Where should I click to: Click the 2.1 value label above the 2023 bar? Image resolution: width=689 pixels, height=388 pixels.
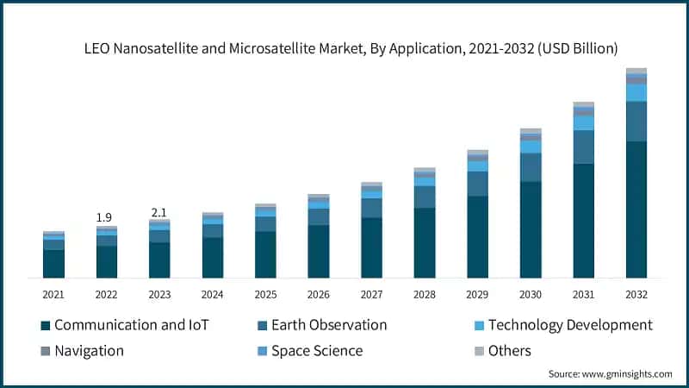point(159,211)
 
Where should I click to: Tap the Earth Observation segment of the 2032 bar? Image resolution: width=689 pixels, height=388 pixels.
point(636,122)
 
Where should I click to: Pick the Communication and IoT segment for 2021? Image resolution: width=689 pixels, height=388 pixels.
point(53,264)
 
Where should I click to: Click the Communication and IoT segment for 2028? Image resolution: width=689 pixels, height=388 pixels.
point(425,243)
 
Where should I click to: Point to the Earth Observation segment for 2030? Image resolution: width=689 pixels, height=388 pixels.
point(531,167)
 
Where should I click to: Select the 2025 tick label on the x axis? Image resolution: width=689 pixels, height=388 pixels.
point(265,295)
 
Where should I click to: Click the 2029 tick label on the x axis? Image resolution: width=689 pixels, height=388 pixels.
point(478,295)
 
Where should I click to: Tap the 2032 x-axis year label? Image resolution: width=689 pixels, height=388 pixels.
point(636,295)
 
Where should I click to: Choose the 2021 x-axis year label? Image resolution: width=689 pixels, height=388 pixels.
point(53,295)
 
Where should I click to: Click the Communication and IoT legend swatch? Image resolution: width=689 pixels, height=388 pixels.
point(45,326)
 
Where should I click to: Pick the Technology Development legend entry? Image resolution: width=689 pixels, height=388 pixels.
point(569,325)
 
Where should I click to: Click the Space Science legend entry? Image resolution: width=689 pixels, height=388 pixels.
point(316,351)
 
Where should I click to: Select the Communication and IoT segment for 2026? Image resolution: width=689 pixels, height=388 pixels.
point(319,251)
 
